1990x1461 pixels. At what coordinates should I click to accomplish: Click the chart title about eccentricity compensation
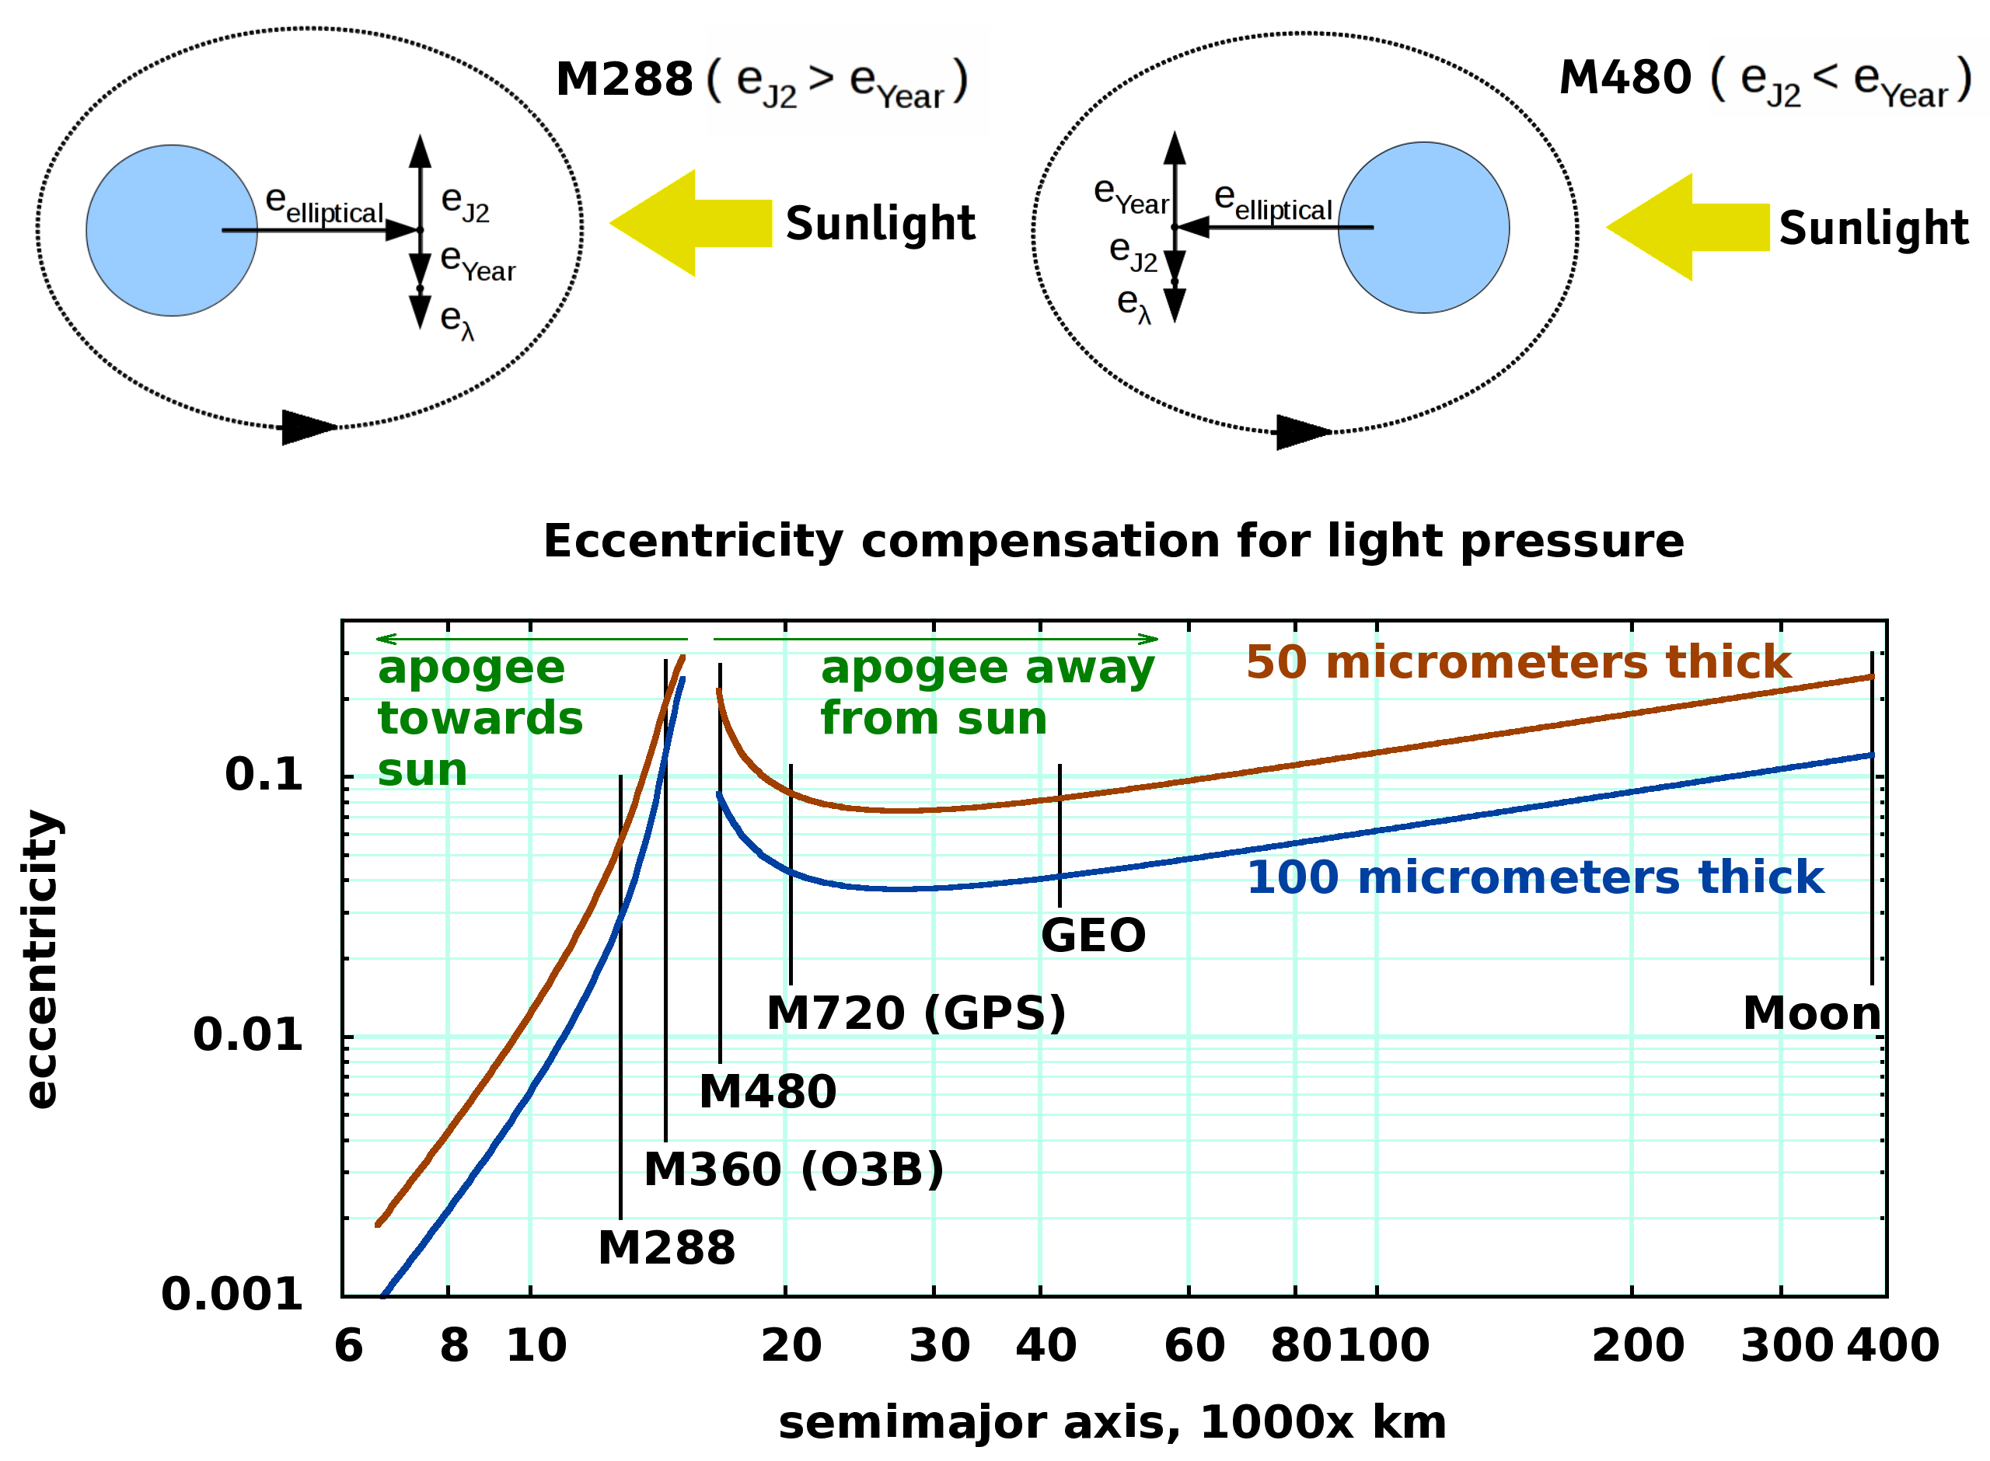tap(1112, 540)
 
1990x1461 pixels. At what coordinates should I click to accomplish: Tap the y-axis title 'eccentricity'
tap(40, 960)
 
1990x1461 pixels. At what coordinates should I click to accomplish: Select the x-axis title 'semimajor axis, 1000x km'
tap(1112, 1422)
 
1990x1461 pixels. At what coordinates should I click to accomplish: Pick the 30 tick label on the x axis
tap(939, 1345)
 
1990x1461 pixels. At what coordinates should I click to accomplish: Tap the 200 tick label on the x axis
tap(1637, 1345)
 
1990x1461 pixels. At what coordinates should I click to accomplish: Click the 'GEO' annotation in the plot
tap(1093, 935)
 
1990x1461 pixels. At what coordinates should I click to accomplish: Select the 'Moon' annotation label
tap(1811, 1013)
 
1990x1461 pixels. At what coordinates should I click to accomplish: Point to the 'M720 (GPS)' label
tap(916, 1013)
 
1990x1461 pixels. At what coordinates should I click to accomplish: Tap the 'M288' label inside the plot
tap(666, 1248)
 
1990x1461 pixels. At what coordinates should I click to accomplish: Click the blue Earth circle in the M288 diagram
tap(172, 230)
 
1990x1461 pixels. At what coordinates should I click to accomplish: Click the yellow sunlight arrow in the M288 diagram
tap(690, 223)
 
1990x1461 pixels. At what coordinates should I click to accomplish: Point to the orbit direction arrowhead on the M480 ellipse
tap(1302, 431)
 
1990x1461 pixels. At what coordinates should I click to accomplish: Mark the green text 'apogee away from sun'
tap(986, 692)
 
